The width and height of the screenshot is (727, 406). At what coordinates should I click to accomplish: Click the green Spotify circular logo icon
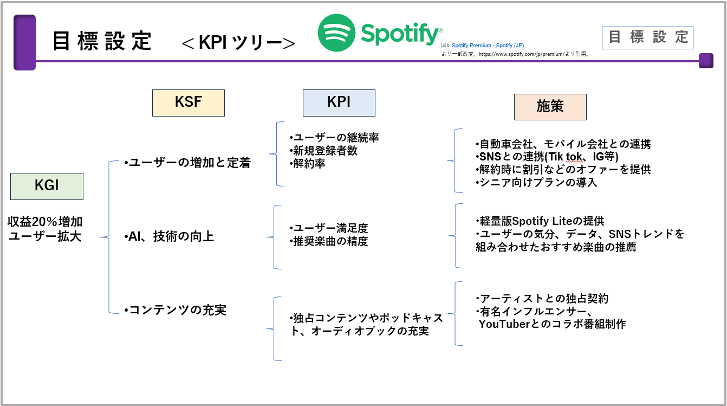coord(336,33)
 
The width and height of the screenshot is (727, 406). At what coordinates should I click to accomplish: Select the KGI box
coord(47,186)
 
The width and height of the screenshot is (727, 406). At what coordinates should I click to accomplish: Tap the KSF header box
coord(188,103)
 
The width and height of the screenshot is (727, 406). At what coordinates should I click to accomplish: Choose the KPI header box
coord(339,103)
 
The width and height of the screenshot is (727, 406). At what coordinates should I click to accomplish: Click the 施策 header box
coord(550,107)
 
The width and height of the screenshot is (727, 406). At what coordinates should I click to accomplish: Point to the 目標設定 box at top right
coord(647,37)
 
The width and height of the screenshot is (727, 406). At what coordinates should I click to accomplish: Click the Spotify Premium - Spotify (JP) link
coord(488,46)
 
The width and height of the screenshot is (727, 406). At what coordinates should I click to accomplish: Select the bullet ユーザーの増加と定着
coord(187,163)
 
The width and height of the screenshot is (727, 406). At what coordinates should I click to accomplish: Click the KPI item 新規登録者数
coord(323,151)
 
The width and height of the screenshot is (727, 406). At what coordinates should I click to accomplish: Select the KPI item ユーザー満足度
coord(329,228)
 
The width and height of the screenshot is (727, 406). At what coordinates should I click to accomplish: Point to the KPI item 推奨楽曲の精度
coord(329,241)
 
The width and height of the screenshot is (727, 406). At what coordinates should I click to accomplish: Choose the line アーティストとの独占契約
coord(542,299)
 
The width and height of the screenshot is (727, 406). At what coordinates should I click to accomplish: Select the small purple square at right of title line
coord(705,61)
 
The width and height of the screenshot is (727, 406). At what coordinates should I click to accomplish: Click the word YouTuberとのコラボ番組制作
coord(552,324)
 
